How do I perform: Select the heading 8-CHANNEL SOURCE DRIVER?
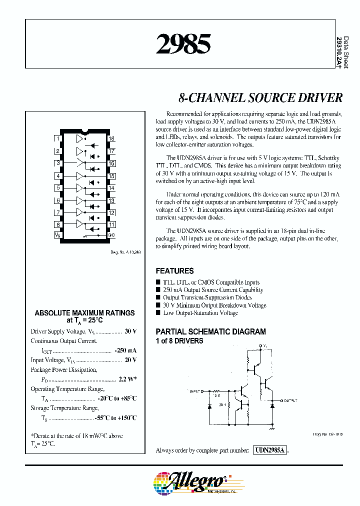click(x=260, y=97)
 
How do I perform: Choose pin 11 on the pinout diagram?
click(x=111, y=224)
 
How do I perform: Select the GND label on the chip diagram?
click(x=111, y=234)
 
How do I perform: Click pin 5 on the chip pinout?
click(x=58, y=188)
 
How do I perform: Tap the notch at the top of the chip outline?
click(x=85, y=132)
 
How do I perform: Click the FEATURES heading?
click(x=174, y=271)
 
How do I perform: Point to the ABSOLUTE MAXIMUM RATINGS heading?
click(x=84, y=313)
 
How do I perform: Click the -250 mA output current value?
click(x=125, y=351)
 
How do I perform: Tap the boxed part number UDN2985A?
click(x=269, y=450)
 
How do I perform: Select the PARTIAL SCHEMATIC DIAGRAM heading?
click(x=210, y=331)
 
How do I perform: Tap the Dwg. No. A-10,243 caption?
click(x=125, y=252)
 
